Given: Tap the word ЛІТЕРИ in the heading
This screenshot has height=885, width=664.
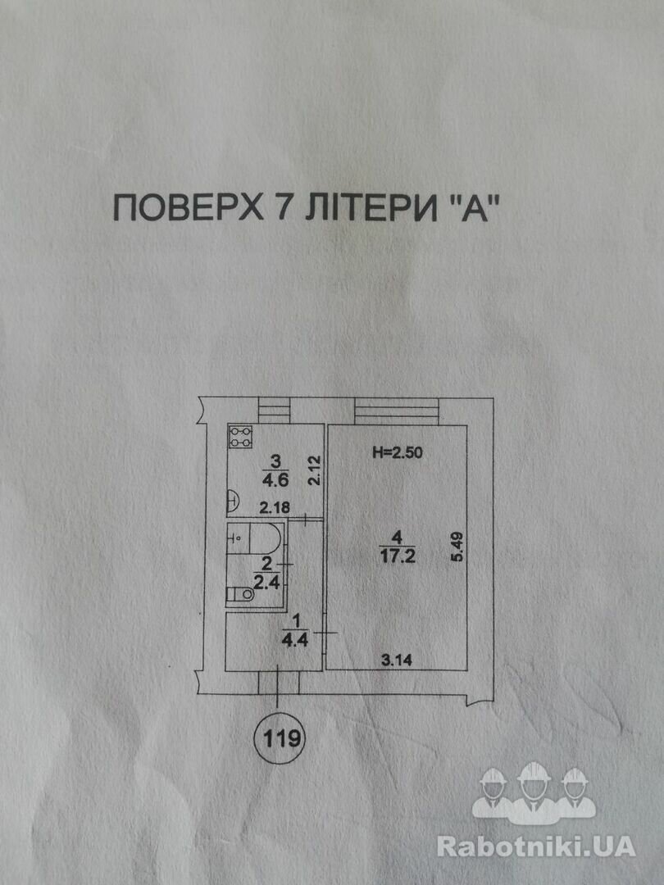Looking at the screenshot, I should (x=365, y=208).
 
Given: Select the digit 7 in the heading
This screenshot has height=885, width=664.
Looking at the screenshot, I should (x=275, y=208).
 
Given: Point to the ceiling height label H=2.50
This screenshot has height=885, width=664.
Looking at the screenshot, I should (x=398, y=452).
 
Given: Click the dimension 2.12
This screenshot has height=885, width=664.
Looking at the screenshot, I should (x=311, y=472).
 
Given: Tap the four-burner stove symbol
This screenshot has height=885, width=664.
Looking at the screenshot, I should (x=239, y=437).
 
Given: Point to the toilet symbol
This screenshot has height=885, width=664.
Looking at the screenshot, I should (x=239, y=595).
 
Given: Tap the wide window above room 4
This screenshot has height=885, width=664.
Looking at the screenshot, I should (x=398, y=409).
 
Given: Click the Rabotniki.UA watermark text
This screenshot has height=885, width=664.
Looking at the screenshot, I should (x=535, y=846).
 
